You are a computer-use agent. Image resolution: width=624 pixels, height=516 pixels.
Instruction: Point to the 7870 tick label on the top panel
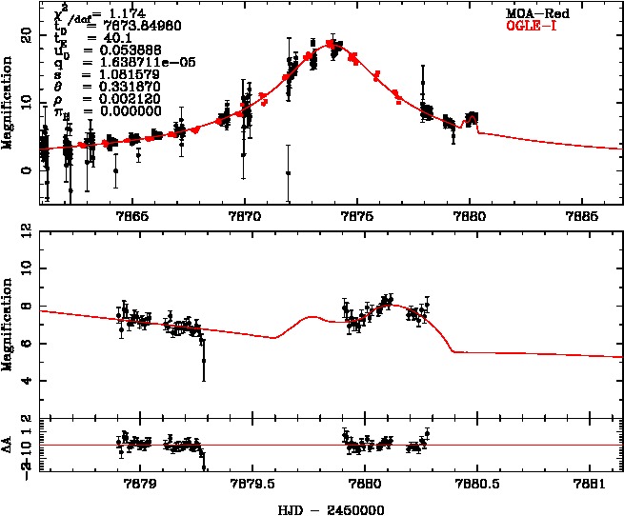click(x=245, y=215)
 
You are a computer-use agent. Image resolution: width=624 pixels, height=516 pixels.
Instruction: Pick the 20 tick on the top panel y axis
click(x=28, y=34)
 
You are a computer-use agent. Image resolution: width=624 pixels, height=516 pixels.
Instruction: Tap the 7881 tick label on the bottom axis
click(x=591, y=483)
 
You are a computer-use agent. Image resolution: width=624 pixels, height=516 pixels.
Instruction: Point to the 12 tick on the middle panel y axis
click(x=28, y=232)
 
